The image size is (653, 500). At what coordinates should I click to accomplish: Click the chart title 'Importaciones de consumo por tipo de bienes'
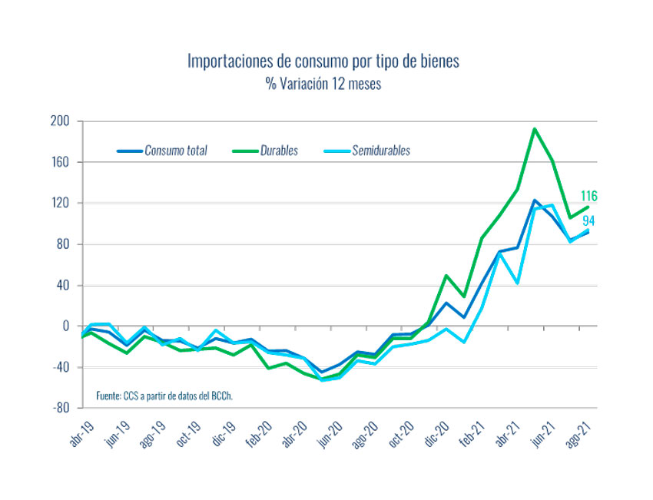pos(323,61)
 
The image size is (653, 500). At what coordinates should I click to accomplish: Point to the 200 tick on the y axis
pos(61,121)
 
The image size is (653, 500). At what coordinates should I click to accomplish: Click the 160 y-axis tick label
pos(61,162)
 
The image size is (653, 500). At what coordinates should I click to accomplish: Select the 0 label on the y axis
pos(67,326)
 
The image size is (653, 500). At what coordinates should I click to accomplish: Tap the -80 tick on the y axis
pos(61,408)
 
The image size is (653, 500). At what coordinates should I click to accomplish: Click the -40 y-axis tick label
pos(61,367)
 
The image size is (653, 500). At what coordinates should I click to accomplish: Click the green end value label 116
pos(588,197)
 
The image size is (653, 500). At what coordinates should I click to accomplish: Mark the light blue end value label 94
pos(589,221)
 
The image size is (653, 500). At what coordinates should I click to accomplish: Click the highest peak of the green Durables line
pos(534,129)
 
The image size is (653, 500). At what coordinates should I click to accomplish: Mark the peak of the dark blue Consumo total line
pos(534,200)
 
